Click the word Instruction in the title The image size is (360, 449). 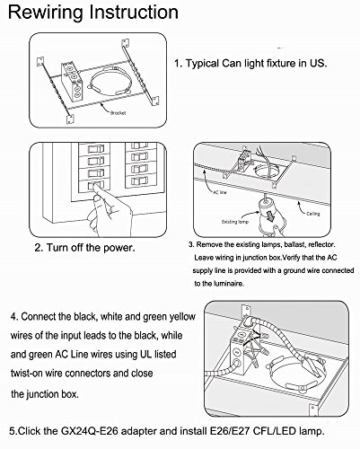(134, 12)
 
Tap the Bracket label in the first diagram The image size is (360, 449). (119, 113)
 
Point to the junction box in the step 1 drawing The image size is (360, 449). (72, 81)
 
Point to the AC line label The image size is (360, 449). (220, 192)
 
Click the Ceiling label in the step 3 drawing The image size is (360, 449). (313, 214)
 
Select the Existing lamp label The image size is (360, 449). (235, 222)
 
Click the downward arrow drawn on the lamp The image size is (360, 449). (270, 216)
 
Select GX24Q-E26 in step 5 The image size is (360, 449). (90, 431)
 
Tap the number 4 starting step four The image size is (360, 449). (14, 317)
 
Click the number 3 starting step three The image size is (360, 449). (190, 244)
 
